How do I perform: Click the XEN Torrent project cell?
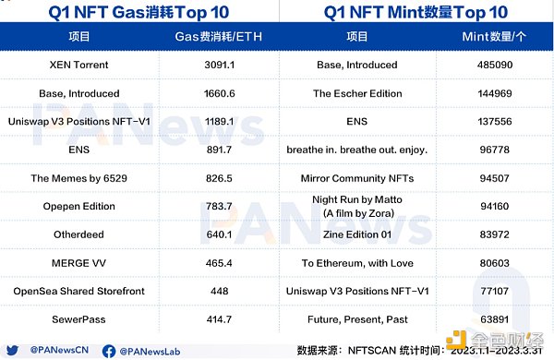[78, 65]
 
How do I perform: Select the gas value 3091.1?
[219, 65]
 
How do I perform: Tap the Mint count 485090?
[495, 65]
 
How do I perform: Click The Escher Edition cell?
[357, 93]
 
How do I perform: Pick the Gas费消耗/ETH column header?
[218, 36]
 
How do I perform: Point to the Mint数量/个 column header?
[494, 36]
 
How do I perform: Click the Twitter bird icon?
[12, 350]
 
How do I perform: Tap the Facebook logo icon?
[109, 351]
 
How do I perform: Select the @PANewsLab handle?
[150, 352]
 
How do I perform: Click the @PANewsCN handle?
[59, 350]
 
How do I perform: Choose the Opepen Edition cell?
[78, 206]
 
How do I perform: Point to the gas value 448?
[219, 291]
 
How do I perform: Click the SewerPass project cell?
[78, 319]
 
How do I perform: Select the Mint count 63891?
[495, 319]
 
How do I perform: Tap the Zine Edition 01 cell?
[357, 234]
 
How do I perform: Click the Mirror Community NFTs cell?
[357, 178]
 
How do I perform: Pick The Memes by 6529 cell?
[78, 178]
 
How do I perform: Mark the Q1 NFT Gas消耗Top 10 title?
[138, 12]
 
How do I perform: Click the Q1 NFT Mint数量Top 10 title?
[415, 12]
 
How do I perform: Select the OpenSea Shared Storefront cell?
[78, 291]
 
